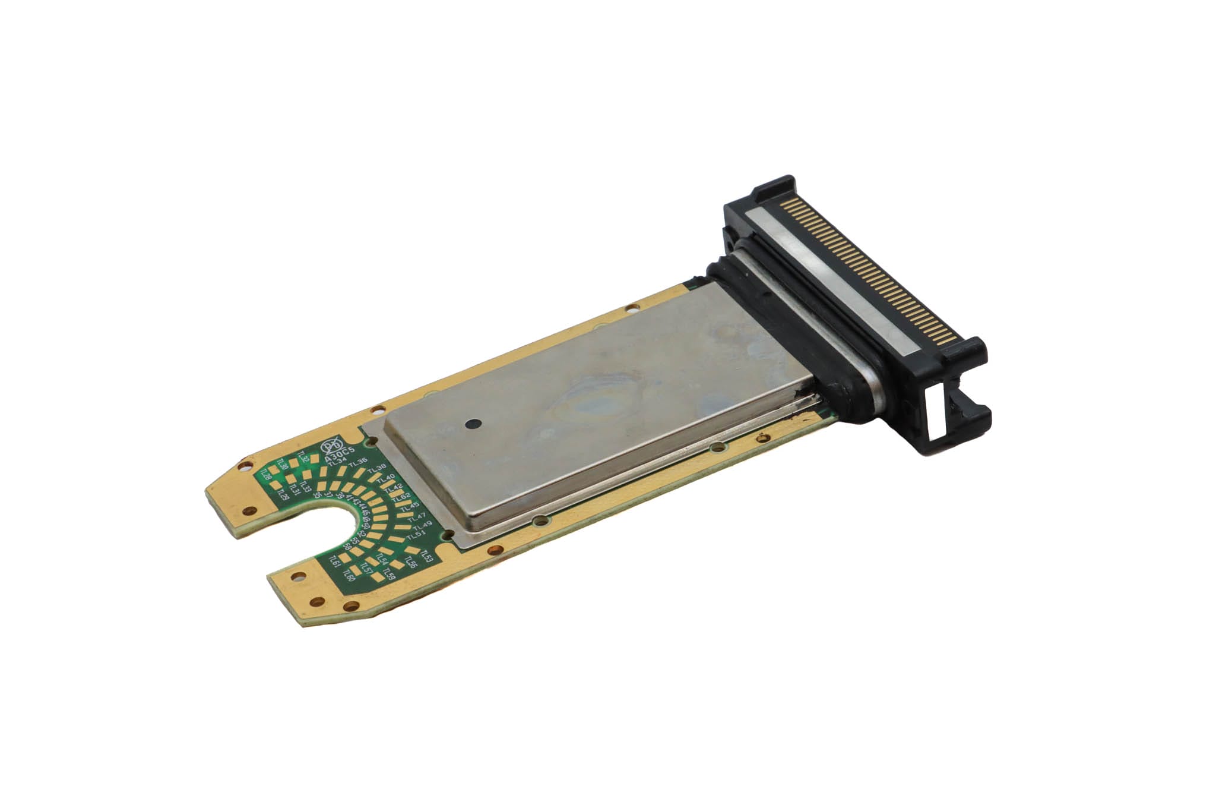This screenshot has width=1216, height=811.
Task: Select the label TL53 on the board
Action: tap(426, 556)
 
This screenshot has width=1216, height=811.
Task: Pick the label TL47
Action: tap(417, 516)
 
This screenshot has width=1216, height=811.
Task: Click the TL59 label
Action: tap(389, 574)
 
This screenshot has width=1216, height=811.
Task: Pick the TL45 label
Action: tap(410, 506)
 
